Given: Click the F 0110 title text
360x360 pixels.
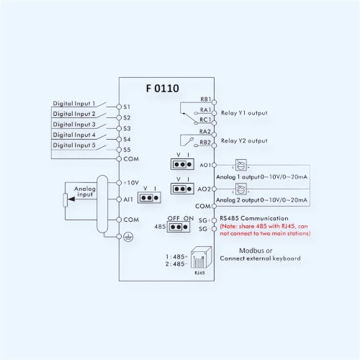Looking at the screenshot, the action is (x=163, y=89).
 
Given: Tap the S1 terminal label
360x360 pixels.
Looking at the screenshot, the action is (x=127, y=107).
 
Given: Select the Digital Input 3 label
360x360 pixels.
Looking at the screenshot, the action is (x=74, y=125).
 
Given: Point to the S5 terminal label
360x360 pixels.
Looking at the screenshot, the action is (x=127, y=150).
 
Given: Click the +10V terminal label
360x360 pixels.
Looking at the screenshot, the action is (x=131, y=183).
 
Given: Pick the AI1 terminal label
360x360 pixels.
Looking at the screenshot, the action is (x=128, y=199).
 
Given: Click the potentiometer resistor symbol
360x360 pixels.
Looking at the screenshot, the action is (x=65, y=200).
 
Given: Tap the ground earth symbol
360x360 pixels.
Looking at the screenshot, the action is (x=128, y=237).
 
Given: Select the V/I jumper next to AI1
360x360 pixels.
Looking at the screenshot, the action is (x=149, y=198).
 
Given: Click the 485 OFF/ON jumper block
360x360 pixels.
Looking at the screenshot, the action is (x=179, y=227).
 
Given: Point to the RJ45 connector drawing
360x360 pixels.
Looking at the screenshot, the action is (x=201, y=258).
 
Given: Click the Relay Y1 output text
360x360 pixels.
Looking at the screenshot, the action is (x=244, y=113).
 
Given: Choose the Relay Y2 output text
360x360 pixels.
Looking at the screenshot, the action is (x=244, y=140).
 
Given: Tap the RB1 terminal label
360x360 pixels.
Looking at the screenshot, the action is (x=206, y=99).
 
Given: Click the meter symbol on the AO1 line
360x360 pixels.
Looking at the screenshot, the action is (x=241, y=165).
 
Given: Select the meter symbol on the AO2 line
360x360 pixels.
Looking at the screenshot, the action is (x=241, y=189).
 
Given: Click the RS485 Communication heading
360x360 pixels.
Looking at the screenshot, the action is (x=254, y=218).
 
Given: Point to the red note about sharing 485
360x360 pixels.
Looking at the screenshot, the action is (x=265, y=230).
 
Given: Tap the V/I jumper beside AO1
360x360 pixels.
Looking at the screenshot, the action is (x=182, y=164).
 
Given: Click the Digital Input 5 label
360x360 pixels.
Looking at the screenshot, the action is (x=74, y=145).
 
